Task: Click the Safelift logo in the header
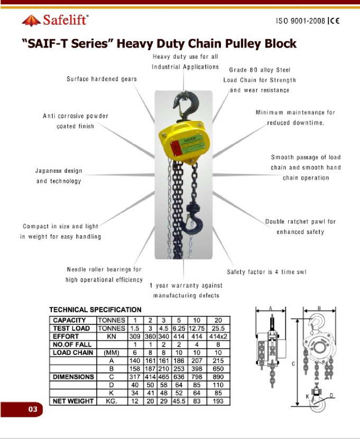(55, 21)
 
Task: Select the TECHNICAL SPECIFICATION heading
(95, 310)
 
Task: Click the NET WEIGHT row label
(73, 401)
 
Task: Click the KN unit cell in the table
(112, 336)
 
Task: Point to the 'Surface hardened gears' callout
(101, 79)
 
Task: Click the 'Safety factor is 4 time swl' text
(266, 272)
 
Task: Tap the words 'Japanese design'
(59, 171)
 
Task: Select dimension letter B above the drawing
(319, 308)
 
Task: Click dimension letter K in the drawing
(307, 396)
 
